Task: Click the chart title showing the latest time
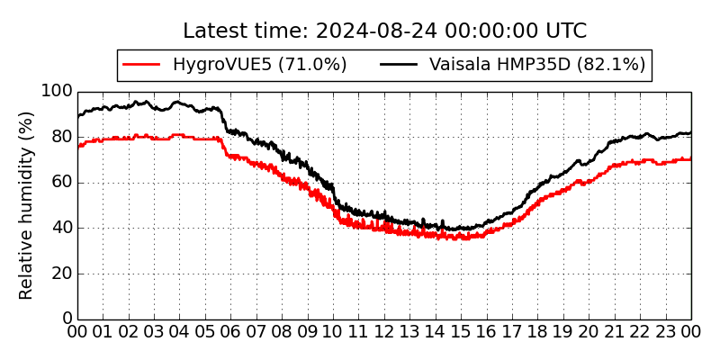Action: click(x=384, y=31)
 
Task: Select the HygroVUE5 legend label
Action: click(x=259, y=65)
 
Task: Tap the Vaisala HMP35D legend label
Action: click(x=537, y=65)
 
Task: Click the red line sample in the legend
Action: click(x=141, y=65)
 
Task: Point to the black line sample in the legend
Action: click(x=399, y=65)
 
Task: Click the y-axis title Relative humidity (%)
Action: click(x=27, y=205)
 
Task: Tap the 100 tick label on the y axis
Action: click(x=58, y=92)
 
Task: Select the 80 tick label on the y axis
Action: click(x=61, y=137)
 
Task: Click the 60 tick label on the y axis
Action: click(x=61, y=183)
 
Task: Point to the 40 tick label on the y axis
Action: click(x=61, y=228)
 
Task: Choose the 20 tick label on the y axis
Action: click(x=61, y=274)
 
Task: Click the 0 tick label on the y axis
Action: click(x=67, y=319)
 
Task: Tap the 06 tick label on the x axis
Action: click(x=230, y=333)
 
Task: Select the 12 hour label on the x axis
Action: click(x=384, y=333)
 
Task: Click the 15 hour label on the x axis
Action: click(x=461, y=333)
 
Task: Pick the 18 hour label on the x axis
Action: click(x=538, y=333)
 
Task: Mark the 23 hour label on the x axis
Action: click(x=666, y=333)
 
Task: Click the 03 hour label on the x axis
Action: click(x=154, y=333)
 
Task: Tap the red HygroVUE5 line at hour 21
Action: click(x=615, y=166)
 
